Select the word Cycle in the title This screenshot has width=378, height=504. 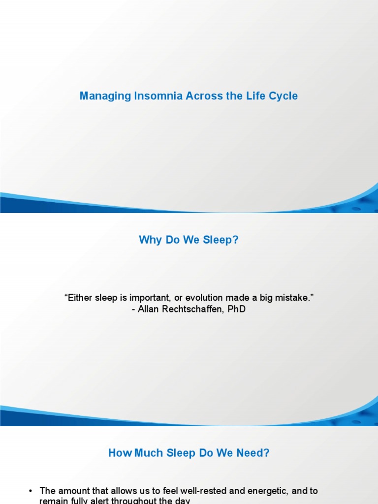[283, 96]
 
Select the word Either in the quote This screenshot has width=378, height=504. [77, 298]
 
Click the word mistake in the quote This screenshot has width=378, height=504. [294, 298]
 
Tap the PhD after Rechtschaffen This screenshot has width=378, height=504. [236, 310]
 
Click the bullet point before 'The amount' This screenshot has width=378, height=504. [30, 491]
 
